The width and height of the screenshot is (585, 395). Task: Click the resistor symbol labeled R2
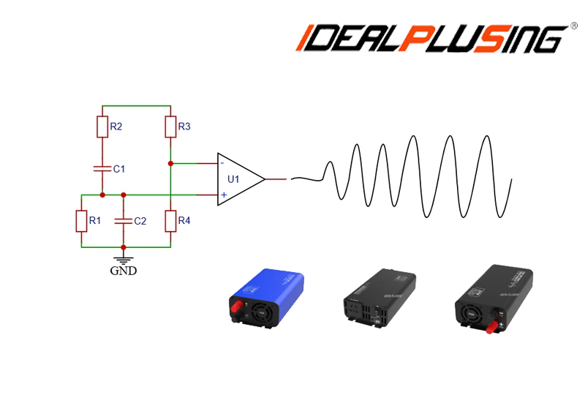[x=102, y=127]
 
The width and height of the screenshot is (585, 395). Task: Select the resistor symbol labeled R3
[x=170, y=127]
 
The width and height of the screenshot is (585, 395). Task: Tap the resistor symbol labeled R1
[x=80, y=221]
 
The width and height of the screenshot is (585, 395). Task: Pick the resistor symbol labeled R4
[x=170, y=221]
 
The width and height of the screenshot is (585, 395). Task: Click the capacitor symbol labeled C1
[x=102, y=168]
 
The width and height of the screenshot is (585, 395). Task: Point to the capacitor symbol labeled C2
[x=124, y=220]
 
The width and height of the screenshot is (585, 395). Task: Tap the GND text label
[x=124, y=271]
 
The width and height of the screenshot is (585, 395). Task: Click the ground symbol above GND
[x=124, y=257]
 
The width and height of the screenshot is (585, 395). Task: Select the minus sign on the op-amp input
[x=222, y=162]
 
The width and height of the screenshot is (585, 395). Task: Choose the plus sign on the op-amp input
[x=223, y=195]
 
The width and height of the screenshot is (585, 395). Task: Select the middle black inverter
[x=379, y=300]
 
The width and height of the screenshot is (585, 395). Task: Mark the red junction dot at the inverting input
[x=170, y=162]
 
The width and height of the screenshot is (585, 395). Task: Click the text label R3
[x=184, y=127]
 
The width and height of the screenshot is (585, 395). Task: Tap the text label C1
[x=119, y=169]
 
